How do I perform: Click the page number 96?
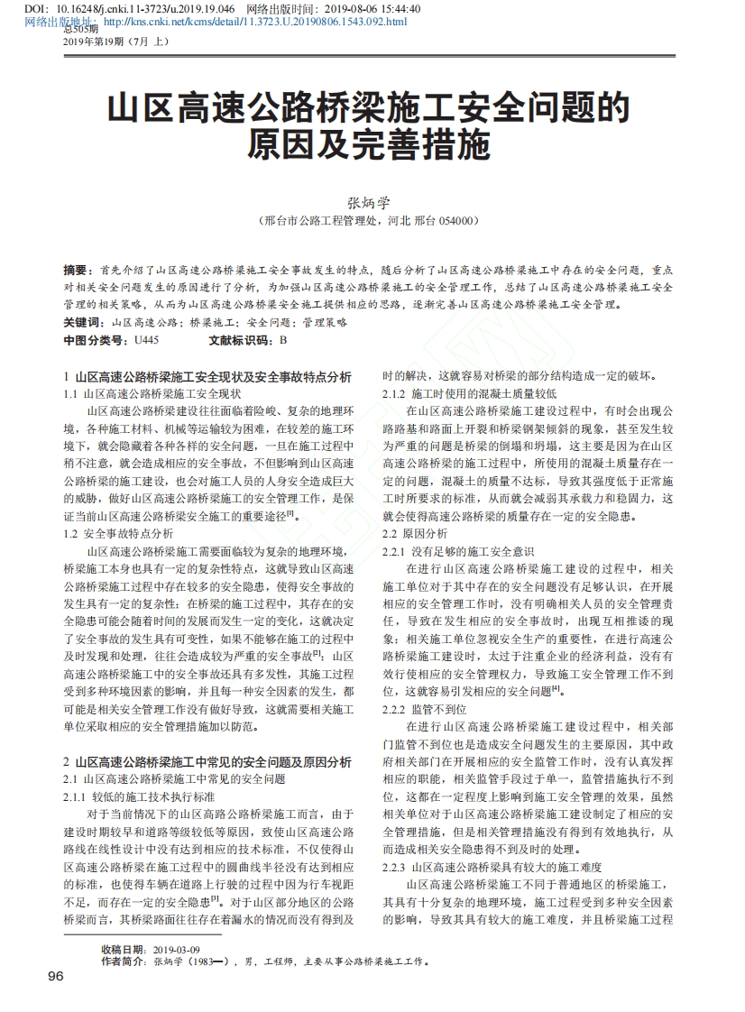tap(55, 976)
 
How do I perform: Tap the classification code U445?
tap(146, 340)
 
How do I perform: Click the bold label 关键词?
tap(84, 323)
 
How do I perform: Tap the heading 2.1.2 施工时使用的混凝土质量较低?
tap(470, 394)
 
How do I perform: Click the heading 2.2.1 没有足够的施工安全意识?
tap(458, 550)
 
